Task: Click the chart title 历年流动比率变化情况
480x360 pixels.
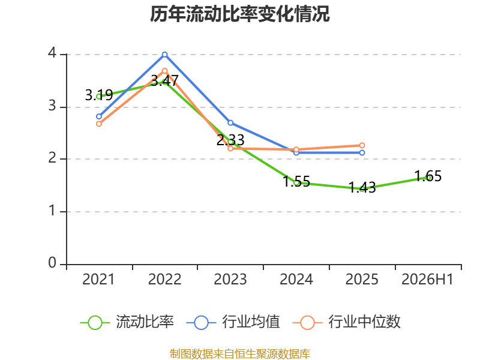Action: [x=239, y=14]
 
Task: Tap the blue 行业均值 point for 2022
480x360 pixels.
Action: [x=164, y=55]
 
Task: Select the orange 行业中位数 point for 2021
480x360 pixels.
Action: [x=99, y=124]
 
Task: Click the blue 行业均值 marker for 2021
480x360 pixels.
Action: [x=99, y=116]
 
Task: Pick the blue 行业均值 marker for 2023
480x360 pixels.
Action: [x=230, y=123]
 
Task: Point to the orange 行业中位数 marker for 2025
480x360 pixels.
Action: [x=362, y=145]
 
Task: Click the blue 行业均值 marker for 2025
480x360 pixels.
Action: [x=362, y=153]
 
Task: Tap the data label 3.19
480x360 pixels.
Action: [x=99, y=95]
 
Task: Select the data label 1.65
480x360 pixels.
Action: [x=428, y=176]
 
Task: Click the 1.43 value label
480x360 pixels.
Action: [x=362, y=187]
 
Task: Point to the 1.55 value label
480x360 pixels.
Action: [x=296, y=181]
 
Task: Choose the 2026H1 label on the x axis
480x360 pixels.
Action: [x=427, y=279]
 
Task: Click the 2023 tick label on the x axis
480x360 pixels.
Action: [x=230, y=279]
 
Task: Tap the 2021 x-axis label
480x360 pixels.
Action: [x=98, y=279]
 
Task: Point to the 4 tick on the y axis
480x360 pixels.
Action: [x=52, y=53]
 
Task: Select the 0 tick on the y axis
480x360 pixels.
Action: [x=52, y=263]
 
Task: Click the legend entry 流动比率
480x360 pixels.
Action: [x=127, y=322]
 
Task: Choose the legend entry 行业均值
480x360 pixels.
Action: [x=233, y=322]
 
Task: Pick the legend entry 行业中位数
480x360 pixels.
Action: [x=347, y=322]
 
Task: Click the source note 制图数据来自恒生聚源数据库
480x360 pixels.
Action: [x=240, y=353]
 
